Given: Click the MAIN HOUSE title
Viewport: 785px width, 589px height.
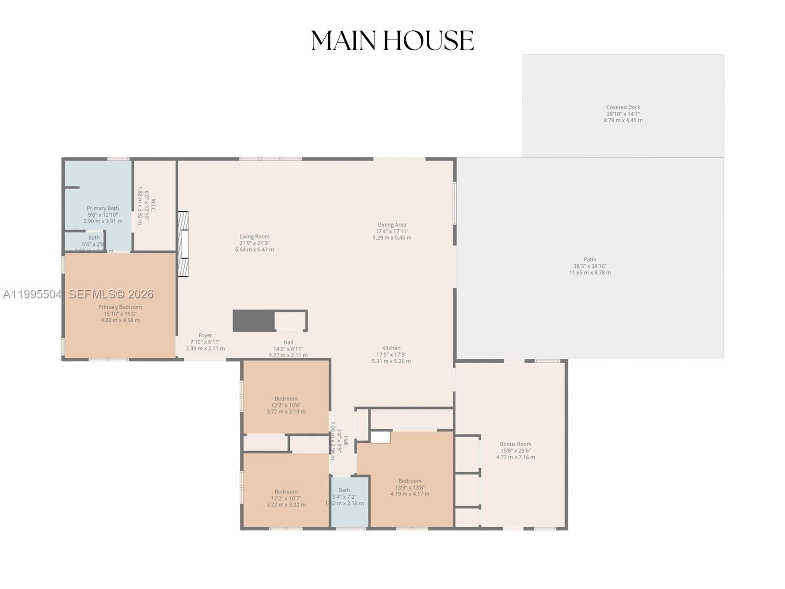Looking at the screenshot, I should point(392,41).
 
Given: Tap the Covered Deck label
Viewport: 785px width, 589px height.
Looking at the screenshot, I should point(623,113).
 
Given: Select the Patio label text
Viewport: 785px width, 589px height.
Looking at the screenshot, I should point(590,266).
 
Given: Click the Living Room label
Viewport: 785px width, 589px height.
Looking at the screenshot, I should point(254,242).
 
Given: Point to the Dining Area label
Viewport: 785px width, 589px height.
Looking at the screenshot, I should point(392,231).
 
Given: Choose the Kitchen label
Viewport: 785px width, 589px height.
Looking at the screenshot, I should point(391,354).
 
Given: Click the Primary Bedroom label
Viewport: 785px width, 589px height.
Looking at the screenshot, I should point(120,313).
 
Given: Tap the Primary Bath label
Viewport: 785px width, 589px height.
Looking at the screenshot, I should point(103,214).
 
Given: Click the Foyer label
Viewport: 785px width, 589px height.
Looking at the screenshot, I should point(205,342).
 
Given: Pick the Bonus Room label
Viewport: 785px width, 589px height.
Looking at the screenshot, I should point(515,450).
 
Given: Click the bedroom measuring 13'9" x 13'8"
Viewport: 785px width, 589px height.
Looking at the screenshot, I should point(410,487).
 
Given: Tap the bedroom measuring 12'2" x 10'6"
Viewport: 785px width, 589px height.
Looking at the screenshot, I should point(286,405).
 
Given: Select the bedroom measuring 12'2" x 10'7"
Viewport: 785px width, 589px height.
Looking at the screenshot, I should point(286,498).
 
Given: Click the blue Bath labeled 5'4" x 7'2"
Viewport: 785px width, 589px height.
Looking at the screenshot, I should point(345,496).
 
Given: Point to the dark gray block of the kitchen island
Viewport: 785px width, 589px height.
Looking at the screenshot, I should point(253,321).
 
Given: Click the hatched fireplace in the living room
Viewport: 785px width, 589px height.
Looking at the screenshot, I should point(183,244).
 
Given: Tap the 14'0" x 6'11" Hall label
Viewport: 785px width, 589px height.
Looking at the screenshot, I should point(288,348).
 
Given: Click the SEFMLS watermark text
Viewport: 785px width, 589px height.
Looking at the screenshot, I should point(111,294).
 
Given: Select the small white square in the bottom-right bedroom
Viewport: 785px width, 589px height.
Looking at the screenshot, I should point(380,437).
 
